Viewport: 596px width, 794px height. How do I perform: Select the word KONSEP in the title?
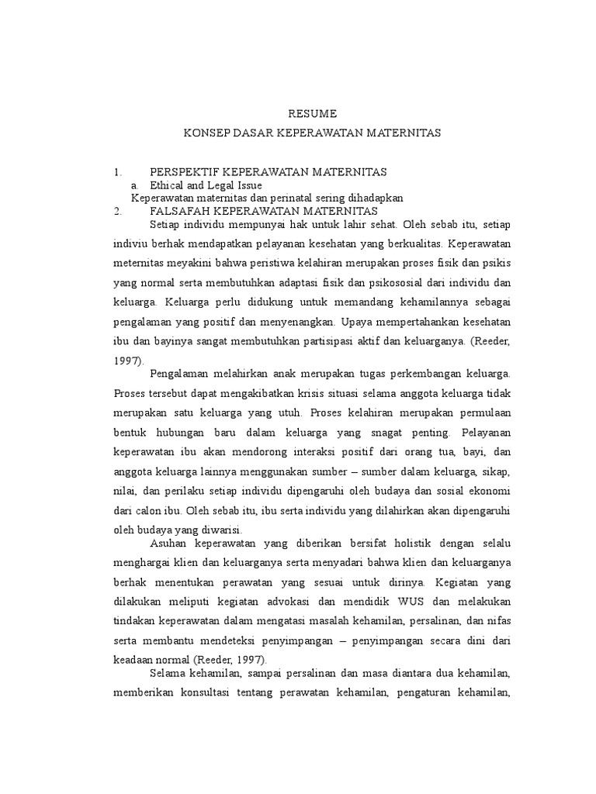pyautogui.click(x=205, y=133)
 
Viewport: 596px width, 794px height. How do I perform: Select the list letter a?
pyautogui.click(x=135, y=185)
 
